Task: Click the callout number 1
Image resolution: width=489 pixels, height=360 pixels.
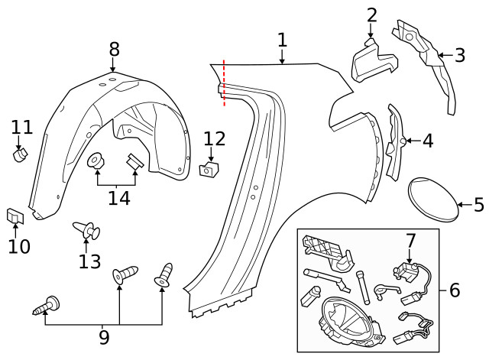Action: pyautogui.click(x=282, y=40)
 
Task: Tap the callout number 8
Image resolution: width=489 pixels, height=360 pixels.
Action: pyautogui.click(x=114, y=49)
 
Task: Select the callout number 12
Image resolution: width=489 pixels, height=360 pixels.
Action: pyautogui.click(x=215, y=138)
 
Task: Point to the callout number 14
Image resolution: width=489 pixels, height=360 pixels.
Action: pyautogui.click(x=118, y=199)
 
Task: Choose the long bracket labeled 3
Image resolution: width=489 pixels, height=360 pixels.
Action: pyautogui.click(x=425, y=65)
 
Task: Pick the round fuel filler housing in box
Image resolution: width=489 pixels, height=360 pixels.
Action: pyautogui.click(x=345, y=321)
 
